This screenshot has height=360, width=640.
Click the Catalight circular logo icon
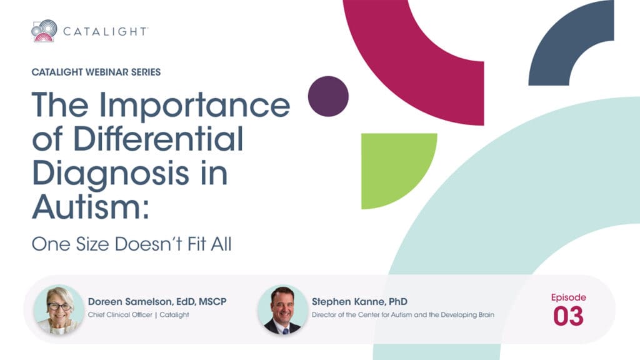pos(44,31)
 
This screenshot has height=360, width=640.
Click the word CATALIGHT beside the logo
pos(105,31)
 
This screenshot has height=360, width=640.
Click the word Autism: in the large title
pos(90,206)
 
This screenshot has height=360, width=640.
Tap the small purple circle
pos(328,96)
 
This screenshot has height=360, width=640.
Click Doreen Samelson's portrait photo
pos(59,310)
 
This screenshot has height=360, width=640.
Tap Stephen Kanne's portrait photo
pos(283,310)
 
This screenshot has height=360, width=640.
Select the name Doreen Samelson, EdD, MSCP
pos(157,302)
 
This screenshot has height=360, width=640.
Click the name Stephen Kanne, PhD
pos(359,302)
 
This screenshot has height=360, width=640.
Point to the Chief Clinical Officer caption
pos(120,315)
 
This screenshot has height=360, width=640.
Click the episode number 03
pos(568,316)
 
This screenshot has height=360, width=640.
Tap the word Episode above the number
pos(569,297)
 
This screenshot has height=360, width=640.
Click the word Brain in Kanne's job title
pos(486,315)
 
